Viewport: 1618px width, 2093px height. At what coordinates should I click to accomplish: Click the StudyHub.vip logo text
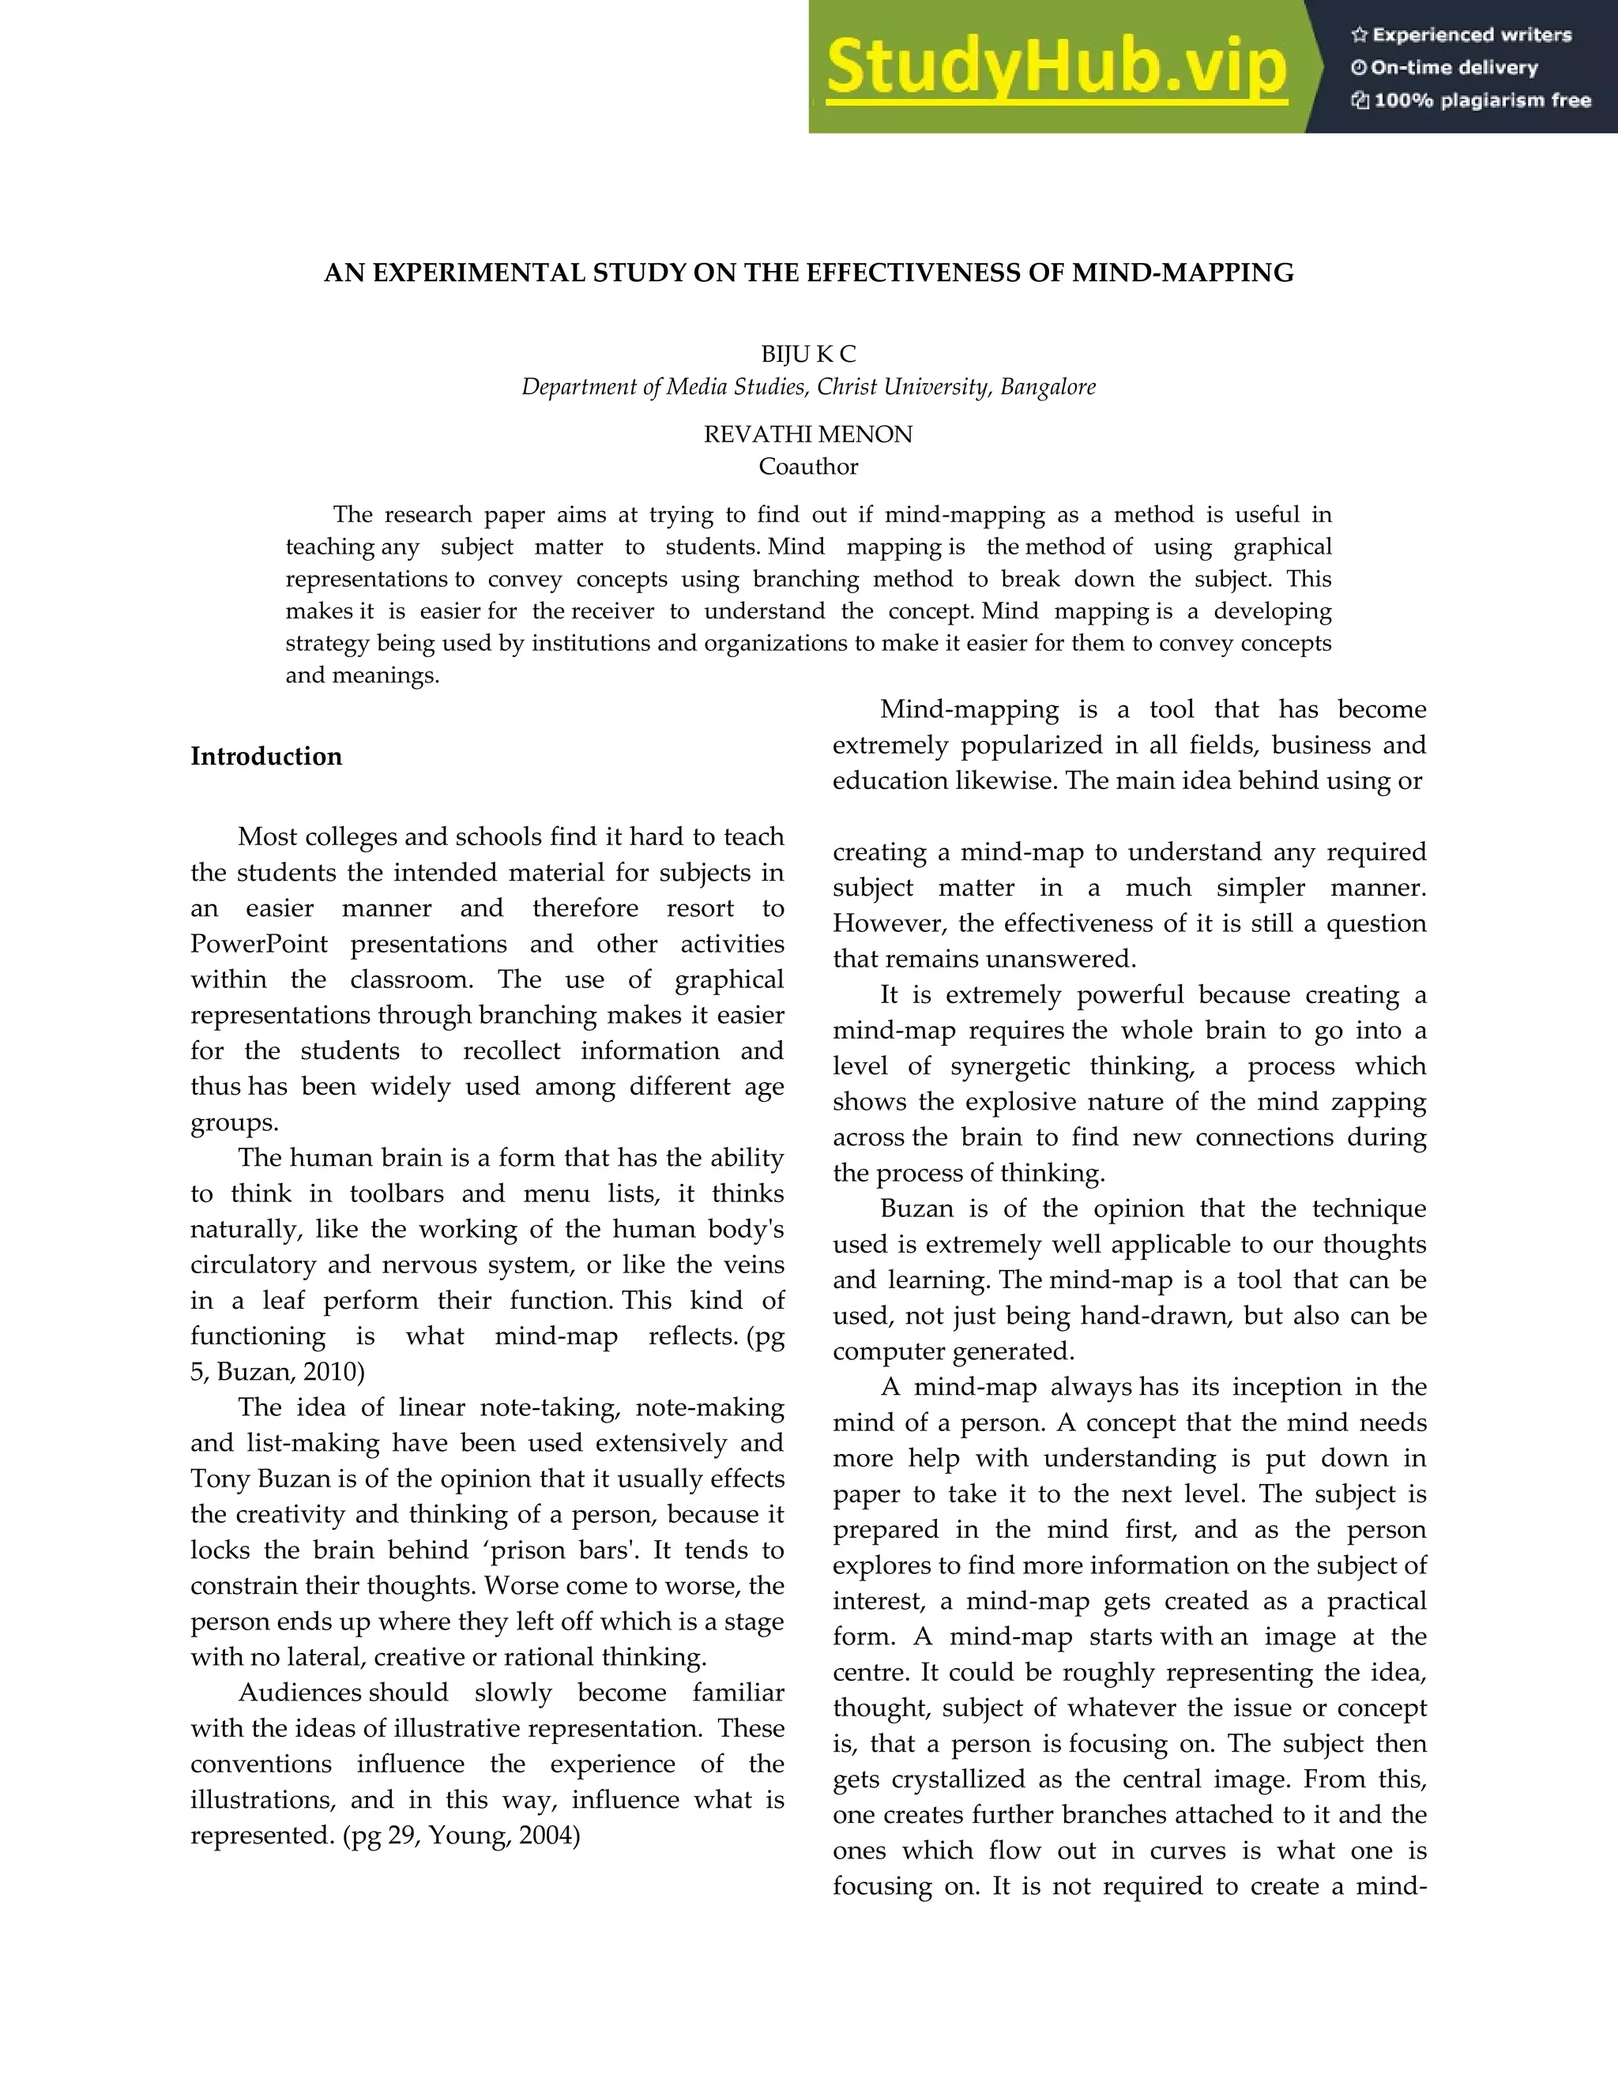point(1056,68)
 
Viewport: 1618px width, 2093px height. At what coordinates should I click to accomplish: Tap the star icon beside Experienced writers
point(1358,36)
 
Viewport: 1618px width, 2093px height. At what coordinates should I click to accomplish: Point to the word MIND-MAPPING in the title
point(1183,273)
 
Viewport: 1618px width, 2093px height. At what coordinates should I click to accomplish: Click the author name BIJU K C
point(808,355)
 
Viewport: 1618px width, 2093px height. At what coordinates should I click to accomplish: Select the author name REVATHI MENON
point(808,435)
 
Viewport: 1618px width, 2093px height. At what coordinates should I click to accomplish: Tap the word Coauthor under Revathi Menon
point(808,467)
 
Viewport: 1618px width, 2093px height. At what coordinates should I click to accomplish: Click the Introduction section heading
point(266,756)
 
